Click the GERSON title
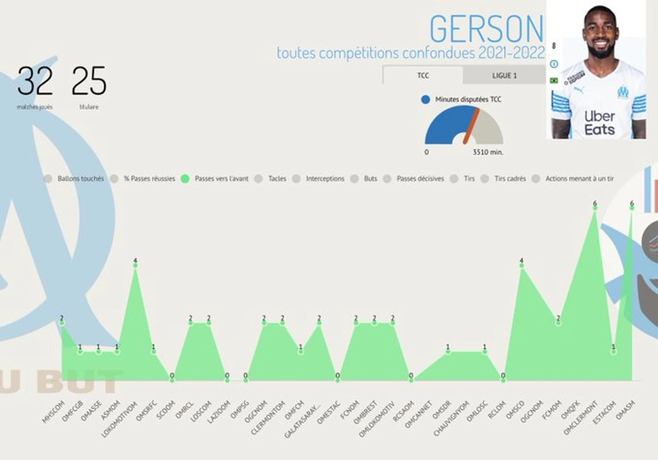click(x=486, y=29)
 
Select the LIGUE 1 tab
click(x=504, y=76)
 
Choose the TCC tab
click(x=423, y=76)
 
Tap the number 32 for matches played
click(x=35, y=81)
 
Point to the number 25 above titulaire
click(x=89, y=81)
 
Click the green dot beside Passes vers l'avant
click(x=185, y=179)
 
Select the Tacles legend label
click(x=277, y=179)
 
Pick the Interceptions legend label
click(x=325, y=179)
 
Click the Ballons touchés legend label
click(x=81, y=179)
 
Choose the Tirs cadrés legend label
click(x=510, y=179)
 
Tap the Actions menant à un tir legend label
click(x=580, y=179)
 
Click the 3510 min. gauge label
click(x=488, y=152)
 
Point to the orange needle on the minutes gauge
click(x=471, y=126)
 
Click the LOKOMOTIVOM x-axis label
click(x=119, y=419)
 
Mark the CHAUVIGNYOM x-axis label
click(x=451, y=419)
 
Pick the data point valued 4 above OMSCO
click(x=521, y=266)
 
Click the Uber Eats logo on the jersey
click(x=599, y=123)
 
